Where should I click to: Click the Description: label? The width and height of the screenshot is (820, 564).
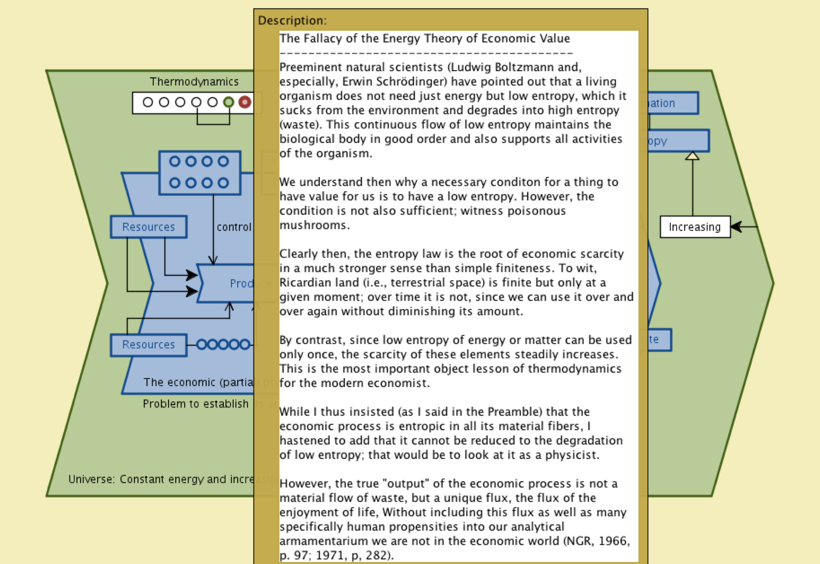click(292, 21)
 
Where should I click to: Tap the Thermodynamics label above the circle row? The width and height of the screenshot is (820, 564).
click(194, 82)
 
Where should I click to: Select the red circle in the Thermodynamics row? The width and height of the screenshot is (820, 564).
click(244, 102)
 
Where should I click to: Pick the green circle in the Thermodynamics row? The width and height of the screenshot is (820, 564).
click(229, 102)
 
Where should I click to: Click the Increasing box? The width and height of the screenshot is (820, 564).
click(695, 227)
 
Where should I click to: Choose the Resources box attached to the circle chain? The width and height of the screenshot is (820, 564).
click(149, 345)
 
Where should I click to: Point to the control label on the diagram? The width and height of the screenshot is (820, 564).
click(233, 227)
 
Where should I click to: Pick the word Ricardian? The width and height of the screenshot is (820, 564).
click(301, 283)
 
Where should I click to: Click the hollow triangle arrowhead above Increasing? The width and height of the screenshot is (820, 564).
click(692, 156)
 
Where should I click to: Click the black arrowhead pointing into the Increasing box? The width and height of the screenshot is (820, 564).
click(736, 227)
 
